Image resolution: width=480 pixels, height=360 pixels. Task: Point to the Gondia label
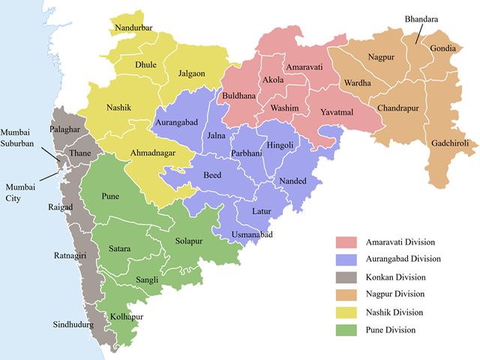point(444,49)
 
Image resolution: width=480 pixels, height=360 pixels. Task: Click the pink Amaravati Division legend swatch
point(345,241)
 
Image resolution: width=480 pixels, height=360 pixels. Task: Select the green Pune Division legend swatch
point(345,329)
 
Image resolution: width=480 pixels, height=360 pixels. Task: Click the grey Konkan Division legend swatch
point(345,277)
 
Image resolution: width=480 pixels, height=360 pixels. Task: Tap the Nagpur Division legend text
point(395,294)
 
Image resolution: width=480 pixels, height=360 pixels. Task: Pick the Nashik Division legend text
point(394,312)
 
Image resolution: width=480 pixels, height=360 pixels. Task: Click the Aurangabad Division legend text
point(403,259)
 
